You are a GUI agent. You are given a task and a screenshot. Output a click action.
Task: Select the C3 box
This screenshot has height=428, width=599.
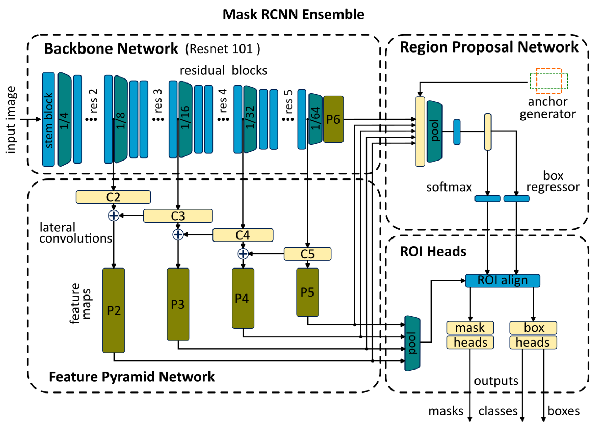point(178,216)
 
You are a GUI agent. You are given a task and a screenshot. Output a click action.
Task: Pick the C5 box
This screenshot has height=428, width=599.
point(308,254)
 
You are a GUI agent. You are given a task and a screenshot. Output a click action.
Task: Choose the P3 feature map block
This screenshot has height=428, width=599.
point(178,304)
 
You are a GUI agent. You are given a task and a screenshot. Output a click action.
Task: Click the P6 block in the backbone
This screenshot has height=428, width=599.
point(333,119)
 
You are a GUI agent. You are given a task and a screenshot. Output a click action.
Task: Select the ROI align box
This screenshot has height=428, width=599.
point(502,280)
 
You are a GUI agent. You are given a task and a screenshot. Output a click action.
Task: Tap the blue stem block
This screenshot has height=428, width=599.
point(49,119)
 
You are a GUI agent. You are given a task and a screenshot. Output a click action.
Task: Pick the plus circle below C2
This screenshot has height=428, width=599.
point(114,216)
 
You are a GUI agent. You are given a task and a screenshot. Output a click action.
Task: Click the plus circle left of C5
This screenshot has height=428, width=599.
point(243,254)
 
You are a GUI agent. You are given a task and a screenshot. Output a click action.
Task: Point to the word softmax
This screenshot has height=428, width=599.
point(449,187)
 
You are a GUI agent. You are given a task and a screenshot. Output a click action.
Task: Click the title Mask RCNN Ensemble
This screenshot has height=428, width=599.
point(293,14)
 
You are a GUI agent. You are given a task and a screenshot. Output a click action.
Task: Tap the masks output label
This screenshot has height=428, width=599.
point(446,411)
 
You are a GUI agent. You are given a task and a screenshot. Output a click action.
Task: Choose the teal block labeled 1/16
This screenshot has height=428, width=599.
point(185,119)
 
